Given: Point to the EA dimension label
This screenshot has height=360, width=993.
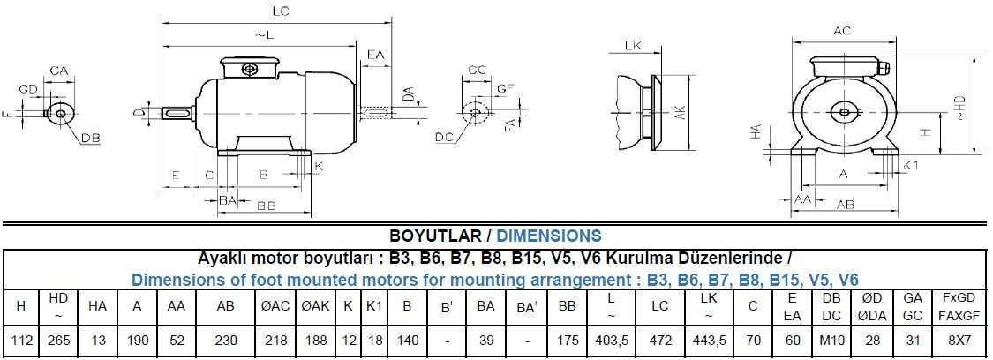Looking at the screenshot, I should click(x=375, y=56).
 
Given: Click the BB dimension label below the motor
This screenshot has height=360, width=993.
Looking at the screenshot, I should click(x=266, y=206).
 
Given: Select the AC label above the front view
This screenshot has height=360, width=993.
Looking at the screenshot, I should click(x=842, y=31).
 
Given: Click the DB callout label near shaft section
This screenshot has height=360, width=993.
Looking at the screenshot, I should click(x=90, y=139).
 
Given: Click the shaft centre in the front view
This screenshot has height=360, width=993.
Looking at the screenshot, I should click(x=844, y=111).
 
